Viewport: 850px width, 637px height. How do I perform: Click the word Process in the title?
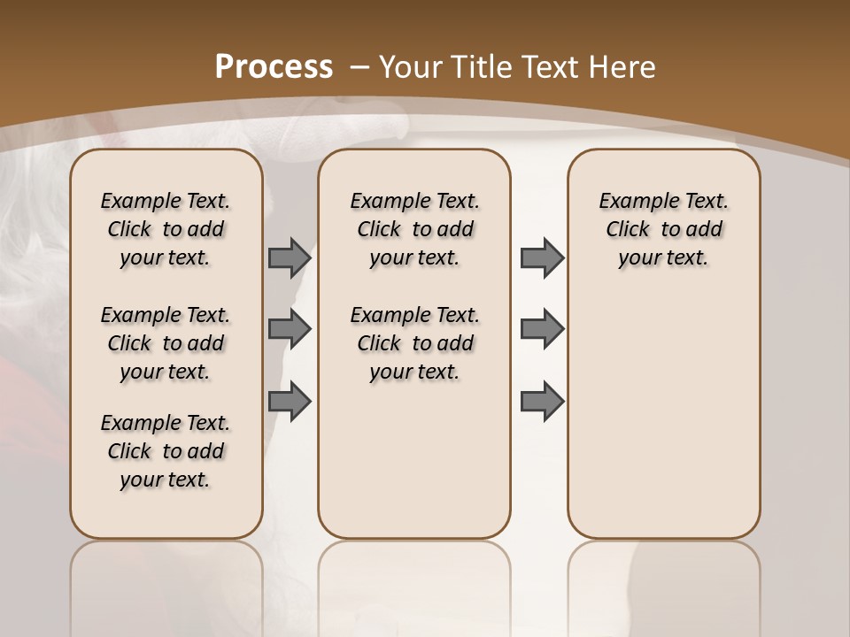click(x=274, y=67)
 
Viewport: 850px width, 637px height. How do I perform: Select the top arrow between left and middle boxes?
click(x=290, y=258)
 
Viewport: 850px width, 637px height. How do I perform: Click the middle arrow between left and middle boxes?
click(x=290, y=329)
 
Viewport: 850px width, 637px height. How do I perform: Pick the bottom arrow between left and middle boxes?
click(x=290, y=401)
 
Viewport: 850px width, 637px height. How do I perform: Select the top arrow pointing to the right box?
click(x=542, y=258)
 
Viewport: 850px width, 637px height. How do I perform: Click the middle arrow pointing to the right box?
click(x=542, y=329)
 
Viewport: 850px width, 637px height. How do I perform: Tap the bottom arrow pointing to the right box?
click(x=542, y=401)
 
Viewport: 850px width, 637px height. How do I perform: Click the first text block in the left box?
click(x=166, y=229)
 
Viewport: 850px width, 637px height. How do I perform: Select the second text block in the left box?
click(x=166, y=343)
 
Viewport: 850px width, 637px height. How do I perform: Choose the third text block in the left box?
click(x=166, y=451)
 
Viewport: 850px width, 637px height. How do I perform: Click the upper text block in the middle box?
click(x=414, y=229)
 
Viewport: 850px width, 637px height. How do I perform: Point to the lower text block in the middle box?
click(x=414, y=343)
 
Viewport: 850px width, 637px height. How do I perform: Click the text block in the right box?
click(x=663, y=229)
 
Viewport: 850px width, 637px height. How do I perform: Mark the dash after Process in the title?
click(x=359, y=67)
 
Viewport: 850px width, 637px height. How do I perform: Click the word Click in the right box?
click(x=628, y=230)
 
